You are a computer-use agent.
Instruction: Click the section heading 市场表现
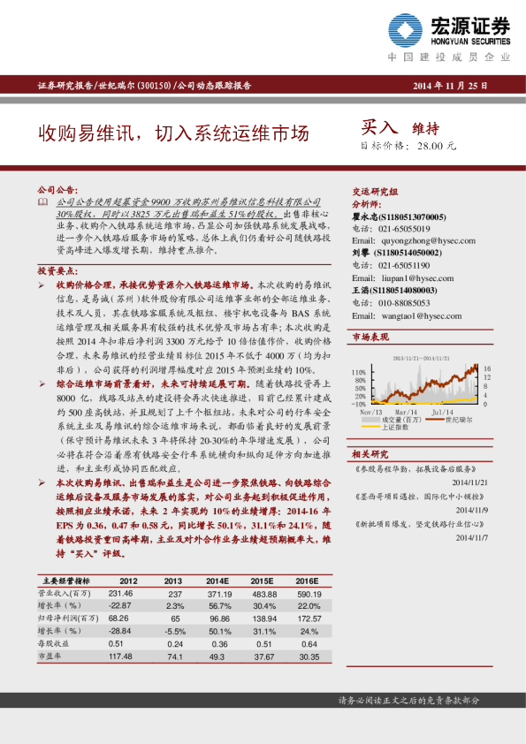coord(370,338)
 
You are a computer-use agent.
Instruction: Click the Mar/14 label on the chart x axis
coord(406,411)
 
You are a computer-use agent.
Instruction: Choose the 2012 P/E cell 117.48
coord(119,657)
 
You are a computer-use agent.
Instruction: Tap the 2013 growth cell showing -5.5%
coord(175,632)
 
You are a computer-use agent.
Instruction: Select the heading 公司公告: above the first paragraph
coord(57,189)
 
